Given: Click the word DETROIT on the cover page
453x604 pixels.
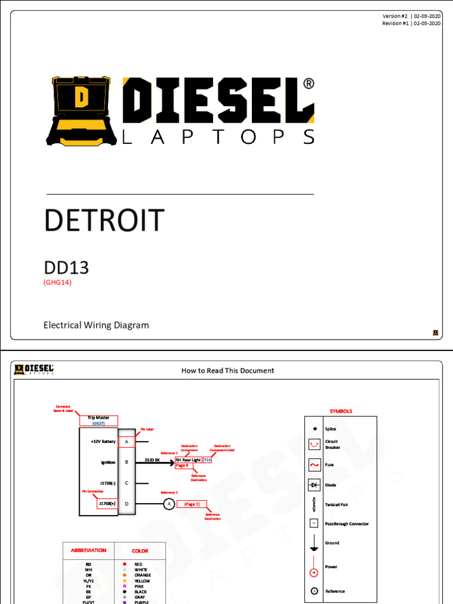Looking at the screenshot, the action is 104,221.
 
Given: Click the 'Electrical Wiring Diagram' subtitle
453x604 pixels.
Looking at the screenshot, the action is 96,325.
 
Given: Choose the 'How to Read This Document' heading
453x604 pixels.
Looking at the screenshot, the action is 227,370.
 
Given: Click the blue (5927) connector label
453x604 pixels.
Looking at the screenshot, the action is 99,423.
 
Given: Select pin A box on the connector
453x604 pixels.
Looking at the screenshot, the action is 126,441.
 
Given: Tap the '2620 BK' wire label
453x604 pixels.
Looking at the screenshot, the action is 152,459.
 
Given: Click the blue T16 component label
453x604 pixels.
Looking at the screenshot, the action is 206,459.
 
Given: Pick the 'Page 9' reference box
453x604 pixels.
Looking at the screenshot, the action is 182,465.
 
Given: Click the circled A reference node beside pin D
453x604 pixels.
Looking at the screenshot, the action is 169,504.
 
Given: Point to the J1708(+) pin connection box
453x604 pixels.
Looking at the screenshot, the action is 107,504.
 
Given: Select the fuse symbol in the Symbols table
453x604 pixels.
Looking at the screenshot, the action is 314,465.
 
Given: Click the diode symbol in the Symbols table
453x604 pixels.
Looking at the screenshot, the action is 314,485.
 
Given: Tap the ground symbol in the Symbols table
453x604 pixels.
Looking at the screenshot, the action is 314,544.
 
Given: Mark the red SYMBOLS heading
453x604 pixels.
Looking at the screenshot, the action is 341,411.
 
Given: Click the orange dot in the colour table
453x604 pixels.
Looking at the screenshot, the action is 124,575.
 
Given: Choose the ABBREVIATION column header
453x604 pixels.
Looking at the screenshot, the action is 88,550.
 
